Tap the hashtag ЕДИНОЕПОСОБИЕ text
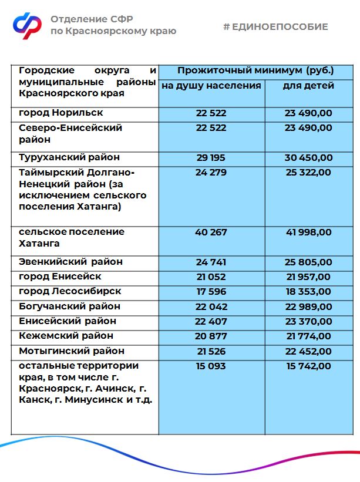[275, 27]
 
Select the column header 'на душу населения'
[211, 86]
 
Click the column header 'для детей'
[308, 86]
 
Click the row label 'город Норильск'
[61, 113]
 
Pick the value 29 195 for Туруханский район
[211, 158]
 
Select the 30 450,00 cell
[308, 158]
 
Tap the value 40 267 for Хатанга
[211, 232]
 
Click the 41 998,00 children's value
[308, 232]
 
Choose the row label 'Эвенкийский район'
[70, 262]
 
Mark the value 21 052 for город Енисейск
[211, 277]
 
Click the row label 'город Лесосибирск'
[70, 291]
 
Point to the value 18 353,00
[308, 291]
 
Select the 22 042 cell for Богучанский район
[211, 306]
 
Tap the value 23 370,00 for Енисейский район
[308, 321]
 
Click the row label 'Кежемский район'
[66, 336]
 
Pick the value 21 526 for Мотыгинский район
[211, 351]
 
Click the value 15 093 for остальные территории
[211, 366]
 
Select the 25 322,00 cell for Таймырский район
[308, 173]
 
